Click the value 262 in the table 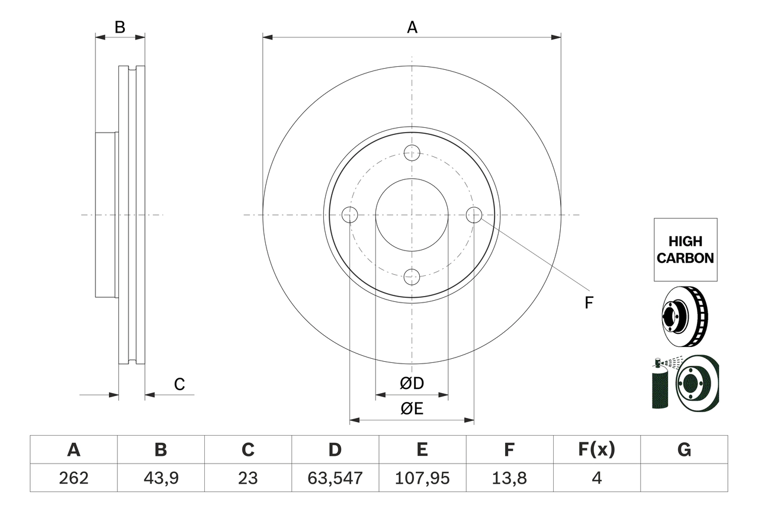(x=74, y=478)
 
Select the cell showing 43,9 (x=160, y=478)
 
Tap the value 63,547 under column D (x=335, y=478)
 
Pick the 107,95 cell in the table (x=422, y=478)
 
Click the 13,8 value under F (x=509, y=478)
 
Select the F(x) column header (x=596, y=450)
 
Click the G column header (x=684, y=450)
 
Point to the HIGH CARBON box (x=685, y=250)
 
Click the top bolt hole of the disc (x=412, y=153)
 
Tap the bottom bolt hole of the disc (x=412, y=276)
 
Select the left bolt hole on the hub (x=350, y=215)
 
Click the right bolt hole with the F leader (x=474, y=215)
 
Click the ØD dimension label (x=412, y=384)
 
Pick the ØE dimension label (x=412, y=410)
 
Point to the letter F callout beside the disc (x=588, y=303)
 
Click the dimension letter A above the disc (x=412, y=27)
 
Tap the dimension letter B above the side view (x=120, y=27)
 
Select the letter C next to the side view (x=179, y=384)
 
